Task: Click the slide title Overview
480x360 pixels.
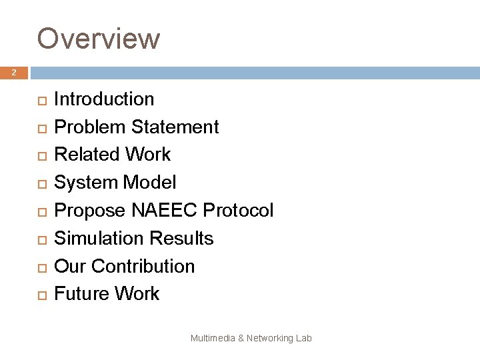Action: [99, 38]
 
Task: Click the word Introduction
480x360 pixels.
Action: [104, 99]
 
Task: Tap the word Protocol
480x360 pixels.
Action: [238, 211]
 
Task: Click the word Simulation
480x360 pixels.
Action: [100, 238]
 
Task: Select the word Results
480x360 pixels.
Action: [183, 238]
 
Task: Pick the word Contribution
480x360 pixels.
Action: [143, 266]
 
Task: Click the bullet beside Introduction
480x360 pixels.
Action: [41, 100]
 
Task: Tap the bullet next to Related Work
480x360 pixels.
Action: [41, 155]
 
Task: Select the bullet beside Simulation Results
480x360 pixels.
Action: [41, 239]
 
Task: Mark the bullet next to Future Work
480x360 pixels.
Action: [41, 295]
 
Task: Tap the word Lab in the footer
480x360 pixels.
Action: [304, 339]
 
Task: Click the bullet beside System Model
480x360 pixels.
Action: [41, 183]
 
